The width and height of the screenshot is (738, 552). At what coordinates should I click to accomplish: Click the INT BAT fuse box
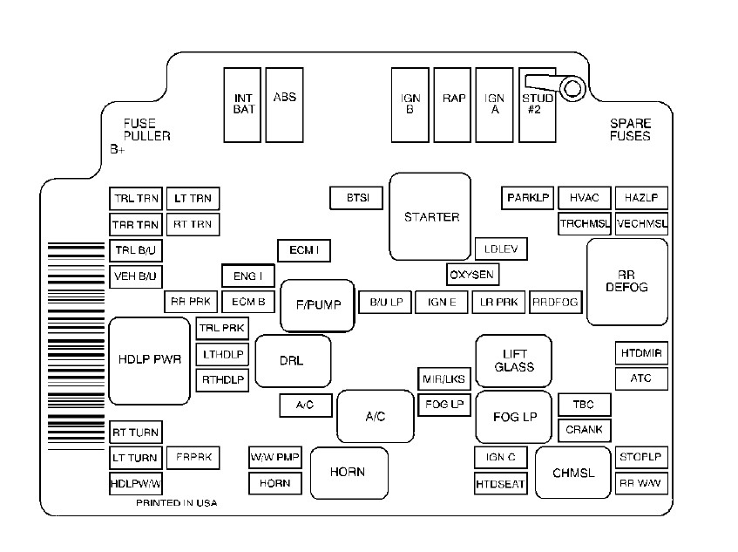(243, 104)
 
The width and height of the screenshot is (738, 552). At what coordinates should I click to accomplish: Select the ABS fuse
(285, 104)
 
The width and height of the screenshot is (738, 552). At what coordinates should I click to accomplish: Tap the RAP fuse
(454, 104)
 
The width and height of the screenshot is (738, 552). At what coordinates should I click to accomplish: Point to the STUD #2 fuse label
(538, 105)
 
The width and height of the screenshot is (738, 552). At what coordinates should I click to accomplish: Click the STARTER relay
(430, 217)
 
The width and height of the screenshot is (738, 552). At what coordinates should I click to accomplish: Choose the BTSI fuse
(357, 198)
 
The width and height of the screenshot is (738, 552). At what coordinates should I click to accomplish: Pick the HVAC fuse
(584, 198)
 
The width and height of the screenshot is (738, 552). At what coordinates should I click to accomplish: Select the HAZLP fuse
(641, 198)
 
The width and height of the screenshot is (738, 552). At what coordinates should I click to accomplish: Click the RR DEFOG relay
(627, 281)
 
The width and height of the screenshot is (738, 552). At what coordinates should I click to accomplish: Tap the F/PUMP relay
(317, 305)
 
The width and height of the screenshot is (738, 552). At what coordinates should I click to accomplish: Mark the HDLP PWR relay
(149, 360)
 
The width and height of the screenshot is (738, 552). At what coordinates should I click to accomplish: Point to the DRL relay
(292, 360)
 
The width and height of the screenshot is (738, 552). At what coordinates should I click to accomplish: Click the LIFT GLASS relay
(514, 360)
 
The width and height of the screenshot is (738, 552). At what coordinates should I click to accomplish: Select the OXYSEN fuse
(472, 275)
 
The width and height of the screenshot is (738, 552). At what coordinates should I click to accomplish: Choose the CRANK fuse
(584, 430)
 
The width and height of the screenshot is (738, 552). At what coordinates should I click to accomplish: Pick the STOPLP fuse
(641, 457)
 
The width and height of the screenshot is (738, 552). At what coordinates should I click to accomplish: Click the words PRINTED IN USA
(176, 504)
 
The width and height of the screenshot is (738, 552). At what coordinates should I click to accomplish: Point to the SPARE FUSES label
(630, 130)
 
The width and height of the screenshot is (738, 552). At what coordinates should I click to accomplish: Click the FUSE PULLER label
(146, 130)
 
